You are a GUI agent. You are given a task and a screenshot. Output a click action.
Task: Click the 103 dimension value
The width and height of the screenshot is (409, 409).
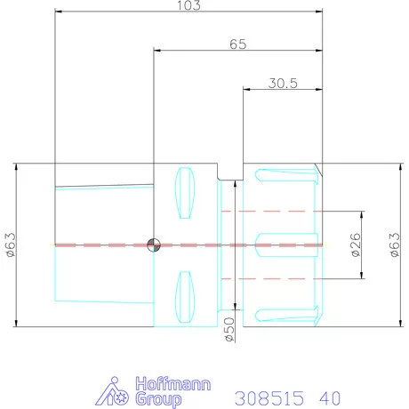188,5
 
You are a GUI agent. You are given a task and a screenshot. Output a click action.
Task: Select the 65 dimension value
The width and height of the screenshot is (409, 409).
238,44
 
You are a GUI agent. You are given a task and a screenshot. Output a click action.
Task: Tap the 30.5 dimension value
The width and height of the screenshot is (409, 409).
283,84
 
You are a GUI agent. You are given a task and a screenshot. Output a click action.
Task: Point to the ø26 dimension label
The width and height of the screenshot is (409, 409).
356,245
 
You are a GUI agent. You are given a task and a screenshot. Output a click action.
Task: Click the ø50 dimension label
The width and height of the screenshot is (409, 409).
230,329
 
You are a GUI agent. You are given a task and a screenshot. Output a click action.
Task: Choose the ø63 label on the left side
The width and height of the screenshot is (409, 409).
11,245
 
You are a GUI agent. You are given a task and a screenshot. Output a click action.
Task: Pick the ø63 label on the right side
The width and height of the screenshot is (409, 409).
395,245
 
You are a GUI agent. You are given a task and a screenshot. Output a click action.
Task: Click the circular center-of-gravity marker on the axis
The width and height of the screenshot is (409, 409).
154,245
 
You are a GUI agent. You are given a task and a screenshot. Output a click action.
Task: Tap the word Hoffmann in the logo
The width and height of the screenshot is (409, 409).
173,383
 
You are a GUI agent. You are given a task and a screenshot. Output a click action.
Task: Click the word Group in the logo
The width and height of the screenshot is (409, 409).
158,399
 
